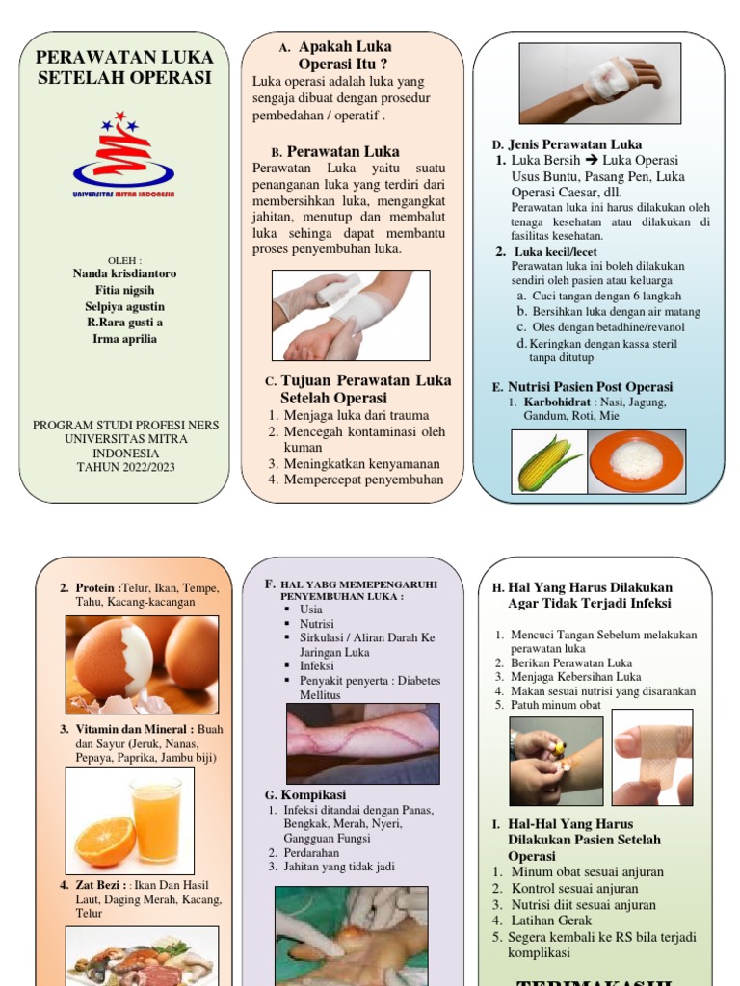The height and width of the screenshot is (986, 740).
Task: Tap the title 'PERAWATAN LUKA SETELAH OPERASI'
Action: coord(124,67)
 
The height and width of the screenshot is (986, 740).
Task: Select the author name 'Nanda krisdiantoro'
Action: coord(124,273)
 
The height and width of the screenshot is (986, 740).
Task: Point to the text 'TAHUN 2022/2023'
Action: coord(125,467)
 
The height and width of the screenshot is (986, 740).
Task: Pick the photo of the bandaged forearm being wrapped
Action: coord(351,315)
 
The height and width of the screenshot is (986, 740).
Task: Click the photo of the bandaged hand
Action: coord(599,84)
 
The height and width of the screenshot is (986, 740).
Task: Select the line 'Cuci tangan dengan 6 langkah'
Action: coord(606,296)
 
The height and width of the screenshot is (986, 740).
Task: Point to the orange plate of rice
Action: coord(636,461)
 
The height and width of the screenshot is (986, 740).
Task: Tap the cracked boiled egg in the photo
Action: coord(114,660)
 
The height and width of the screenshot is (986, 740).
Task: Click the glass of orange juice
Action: coord(156,820)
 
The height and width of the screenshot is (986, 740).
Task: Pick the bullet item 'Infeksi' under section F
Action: coord(316,665)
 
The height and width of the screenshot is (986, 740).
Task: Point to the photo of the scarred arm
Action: coord(362,742)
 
